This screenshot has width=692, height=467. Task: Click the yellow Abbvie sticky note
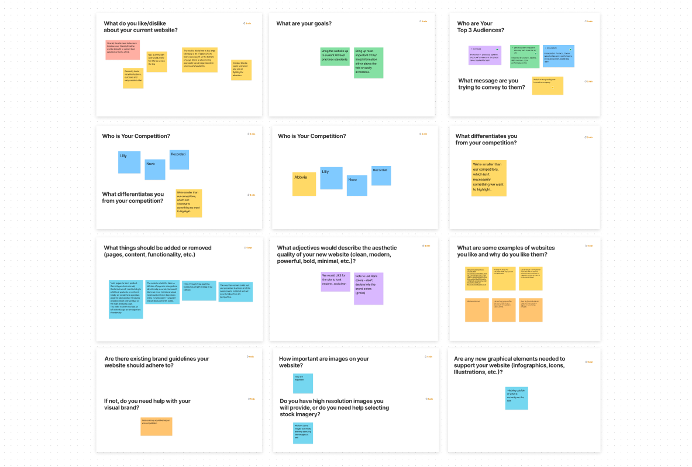coord(304,184)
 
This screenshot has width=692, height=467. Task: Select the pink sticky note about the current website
coord(122,50)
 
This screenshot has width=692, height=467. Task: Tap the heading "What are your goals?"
coord(304,24)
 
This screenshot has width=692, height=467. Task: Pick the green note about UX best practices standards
coord(335,57)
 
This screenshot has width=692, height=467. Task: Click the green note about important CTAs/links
coord(369,63)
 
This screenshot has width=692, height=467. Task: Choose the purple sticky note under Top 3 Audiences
coord(485,55)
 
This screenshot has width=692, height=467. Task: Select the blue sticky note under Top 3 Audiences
coord(558,56)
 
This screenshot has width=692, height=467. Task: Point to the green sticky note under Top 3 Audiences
coord(524,56)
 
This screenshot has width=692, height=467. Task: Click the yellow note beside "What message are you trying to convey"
coord(548,85)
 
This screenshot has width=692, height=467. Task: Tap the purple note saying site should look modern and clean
coord(335,281)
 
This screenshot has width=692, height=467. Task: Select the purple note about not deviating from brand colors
coord(369,288)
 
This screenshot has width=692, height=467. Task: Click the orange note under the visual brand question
coord(156,426)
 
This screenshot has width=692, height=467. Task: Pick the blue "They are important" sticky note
coord(303,383)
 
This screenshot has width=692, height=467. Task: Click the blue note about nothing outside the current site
coord(517,398)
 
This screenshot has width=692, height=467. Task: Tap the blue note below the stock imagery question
coord(303,433)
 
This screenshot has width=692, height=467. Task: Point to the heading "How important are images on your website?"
coord(323,362)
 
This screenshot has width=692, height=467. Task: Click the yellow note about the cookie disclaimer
coord(199,60)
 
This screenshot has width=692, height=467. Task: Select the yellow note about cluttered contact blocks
coord(241,70)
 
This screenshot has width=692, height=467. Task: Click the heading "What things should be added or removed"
coord(157,251)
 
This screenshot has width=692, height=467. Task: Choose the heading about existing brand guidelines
coord(157,362)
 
